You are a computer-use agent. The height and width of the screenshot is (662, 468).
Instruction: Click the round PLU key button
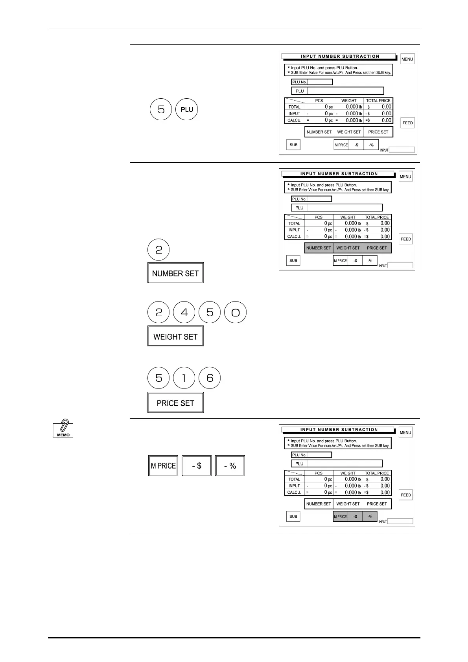click(x=187, y=109)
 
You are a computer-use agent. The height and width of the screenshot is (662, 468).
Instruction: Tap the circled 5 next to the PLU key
click(x=161, y=109)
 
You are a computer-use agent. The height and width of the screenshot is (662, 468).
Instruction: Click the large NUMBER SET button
click(x=175, y=273)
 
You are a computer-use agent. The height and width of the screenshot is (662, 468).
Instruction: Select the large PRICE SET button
click(x=175, y=403)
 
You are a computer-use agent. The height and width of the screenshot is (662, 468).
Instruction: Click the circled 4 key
click(x=184, y=313)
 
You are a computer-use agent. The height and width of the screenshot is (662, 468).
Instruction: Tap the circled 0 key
click(x=235, y=313)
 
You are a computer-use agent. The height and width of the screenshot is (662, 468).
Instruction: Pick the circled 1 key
click(x=184, y=378)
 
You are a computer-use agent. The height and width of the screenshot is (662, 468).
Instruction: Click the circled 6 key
click(x=210, y=378)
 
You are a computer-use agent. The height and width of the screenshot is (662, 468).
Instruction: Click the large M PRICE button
click(x=163, y=465)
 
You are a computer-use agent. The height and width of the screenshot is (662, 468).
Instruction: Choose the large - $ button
click(x=197, y=465)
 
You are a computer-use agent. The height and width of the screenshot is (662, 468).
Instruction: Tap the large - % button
click(x=230, y=465)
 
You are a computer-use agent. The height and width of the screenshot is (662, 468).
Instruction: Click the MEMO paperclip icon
click(x=63, y=428)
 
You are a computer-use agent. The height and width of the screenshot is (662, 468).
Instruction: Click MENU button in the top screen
click(x=407, y=59)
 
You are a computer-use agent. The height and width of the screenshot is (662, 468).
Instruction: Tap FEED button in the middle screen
click(x=406, y=239)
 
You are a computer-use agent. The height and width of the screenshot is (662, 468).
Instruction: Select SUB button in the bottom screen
click(x=293, y=517)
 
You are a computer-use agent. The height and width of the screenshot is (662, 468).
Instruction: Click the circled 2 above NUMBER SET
click(x=158, y=250)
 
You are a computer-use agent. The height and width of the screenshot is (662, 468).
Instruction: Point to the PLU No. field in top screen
click(x=319, y=82)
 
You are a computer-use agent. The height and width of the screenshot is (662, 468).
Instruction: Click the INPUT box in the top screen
click(x=402, y=150)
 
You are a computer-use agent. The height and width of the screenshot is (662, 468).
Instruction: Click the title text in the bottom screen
click(x=339, y=430)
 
